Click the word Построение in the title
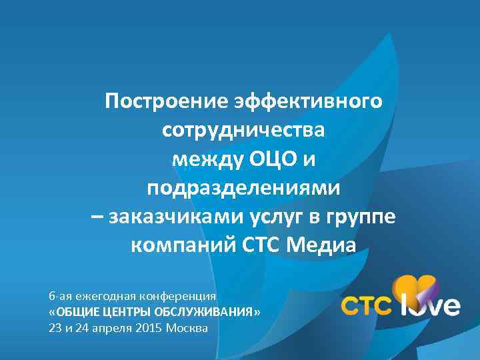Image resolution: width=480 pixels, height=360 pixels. (157, 101)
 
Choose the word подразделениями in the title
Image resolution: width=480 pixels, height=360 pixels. (243, 188)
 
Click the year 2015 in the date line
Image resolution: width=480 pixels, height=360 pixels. (149, 329)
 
